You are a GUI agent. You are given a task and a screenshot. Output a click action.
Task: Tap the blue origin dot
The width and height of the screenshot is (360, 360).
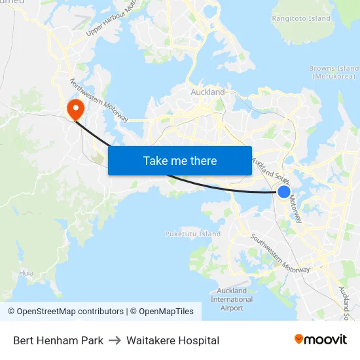(x=284, y=191)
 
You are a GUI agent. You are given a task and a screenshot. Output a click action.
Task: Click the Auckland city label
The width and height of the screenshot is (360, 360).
(x=207, y=92)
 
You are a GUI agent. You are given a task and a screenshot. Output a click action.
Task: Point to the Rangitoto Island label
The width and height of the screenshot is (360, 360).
(x=301, y=18)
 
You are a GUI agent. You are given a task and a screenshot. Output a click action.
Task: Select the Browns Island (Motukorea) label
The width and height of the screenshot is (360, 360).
(x=334, y=72)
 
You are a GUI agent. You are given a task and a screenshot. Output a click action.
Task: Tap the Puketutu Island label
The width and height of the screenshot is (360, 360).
(x=192, y=234)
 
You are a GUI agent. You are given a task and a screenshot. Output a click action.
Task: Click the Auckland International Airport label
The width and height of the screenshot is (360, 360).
(x=232, y=299)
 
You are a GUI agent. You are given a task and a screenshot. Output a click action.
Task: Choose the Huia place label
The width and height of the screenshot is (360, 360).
(x=26, y=273)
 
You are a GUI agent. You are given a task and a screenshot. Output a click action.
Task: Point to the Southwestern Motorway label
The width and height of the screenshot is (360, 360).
(x=280, y=253)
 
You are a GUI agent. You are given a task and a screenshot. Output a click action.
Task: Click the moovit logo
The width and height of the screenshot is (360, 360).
(x=321, y=340)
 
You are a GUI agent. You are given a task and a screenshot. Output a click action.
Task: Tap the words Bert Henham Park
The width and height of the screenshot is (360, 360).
(x=58, y=340)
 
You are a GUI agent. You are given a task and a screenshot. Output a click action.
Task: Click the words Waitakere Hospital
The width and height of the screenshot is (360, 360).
(x=173, y=340)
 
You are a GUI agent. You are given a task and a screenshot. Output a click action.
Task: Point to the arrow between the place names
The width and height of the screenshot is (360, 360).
(x=115, y=340)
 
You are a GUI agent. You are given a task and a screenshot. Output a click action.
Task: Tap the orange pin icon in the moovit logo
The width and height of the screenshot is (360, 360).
(x=299, y=339)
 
